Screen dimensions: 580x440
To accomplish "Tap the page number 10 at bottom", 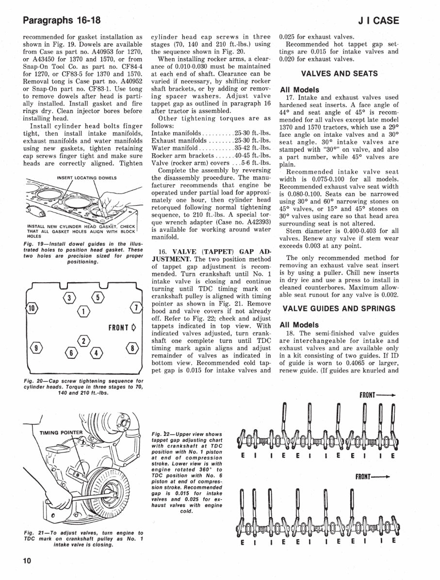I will (27, 561).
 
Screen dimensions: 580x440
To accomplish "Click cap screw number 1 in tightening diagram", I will (84, 310).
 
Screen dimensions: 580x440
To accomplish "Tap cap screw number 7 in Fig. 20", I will (136, 307).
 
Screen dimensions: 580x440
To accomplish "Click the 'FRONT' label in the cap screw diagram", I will (121, 327).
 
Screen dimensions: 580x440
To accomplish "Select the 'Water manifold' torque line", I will (211, 147).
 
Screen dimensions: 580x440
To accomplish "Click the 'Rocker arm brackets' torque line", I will (211, 155).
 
